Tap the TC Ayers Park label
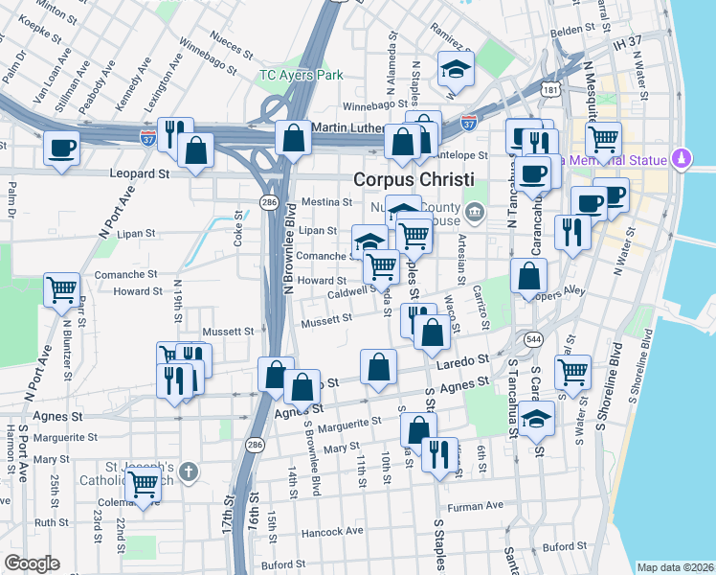[301, 75]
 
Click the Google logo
[32, 563]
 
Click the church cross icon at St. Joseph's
[190, 471]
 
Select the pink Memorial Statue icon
[682, 156]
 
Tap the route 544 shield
[533, 338]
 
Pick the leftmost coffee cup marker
[62, 149]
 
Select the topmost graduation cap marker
[456, 67]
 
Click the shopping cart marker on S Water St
[572, 370]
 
